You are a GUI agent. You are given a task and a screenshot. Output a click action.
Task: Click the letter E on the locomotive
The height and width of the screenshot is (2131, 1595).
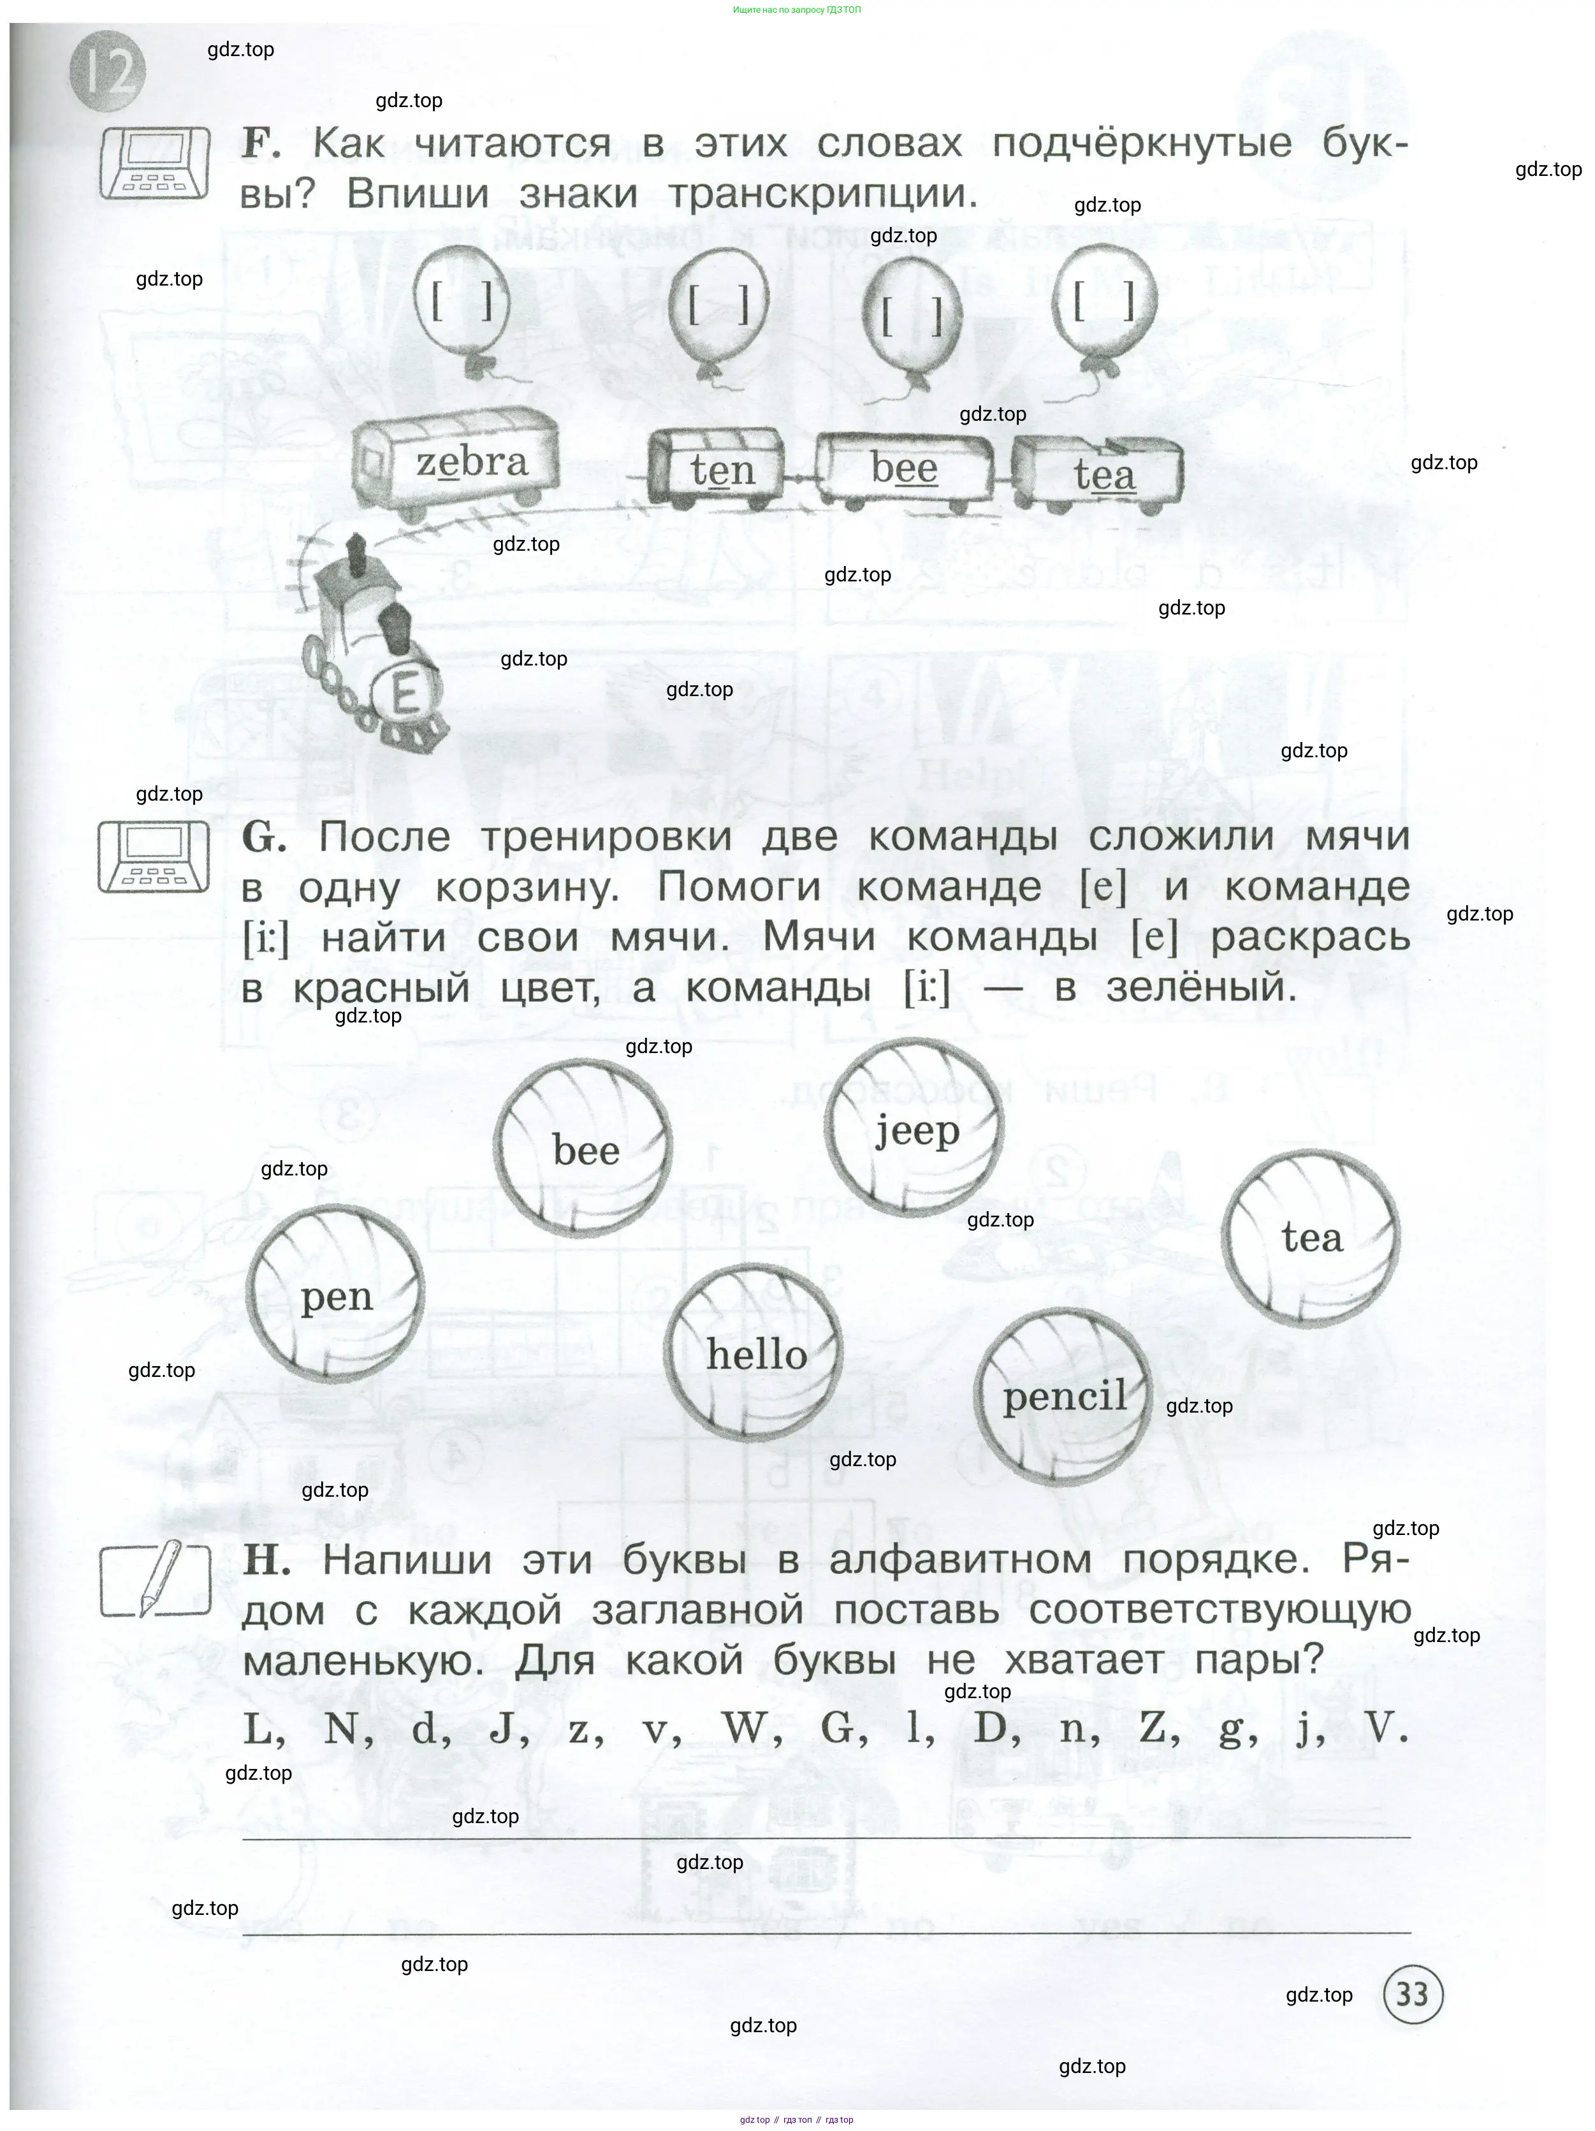[405, 691]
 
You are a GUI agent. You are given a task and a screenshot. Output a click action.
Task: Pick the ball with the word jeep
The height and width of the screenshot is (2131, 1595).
[915, 1127]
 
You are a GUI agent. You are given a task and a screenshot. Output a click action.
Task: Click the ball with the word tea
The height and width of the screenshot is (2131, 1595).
[1311, 1236]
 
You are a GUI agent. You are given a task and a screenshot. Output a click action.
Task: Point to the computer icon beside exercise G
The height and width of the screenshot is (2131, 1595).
[154, 855]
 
